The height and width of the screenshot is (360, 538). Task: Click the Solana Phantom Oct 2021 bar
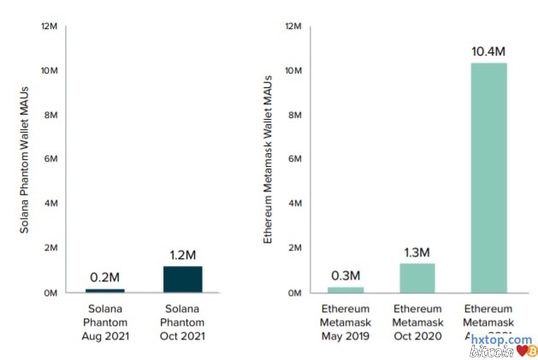(183, 280)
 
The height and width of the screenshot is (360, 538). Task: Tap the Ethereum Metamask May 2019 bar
(345, 290)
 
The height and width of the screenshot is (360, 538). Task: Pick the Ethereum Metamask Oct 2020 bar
(417, 278)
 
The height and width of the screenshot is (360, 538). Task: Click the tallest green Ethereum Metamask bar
(488, 177)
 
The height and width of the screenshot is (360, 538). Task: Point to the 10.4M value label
(488, 51)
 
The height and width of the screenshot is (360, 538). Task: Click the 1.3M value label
(417, 252)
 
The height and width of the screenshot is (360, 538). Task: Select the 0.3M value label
(345, 275)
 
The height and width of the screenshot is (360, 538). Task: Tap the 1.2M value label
(183, 255)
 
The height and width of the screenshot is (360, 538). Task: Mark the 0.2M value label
(105, 277)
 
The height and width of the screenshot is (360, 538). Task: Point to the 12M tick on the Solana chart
(49, 27)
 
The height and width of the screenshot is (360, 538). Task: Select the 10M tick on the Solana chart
(49, 70)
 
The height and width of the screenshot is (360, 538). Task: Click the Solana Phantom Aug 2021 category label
(105, 322)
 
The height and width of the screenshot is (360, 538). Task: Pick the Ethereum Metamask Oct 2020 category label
(417, 322)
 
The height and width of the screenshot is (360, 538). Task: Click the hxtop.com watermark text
(501, 339)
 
